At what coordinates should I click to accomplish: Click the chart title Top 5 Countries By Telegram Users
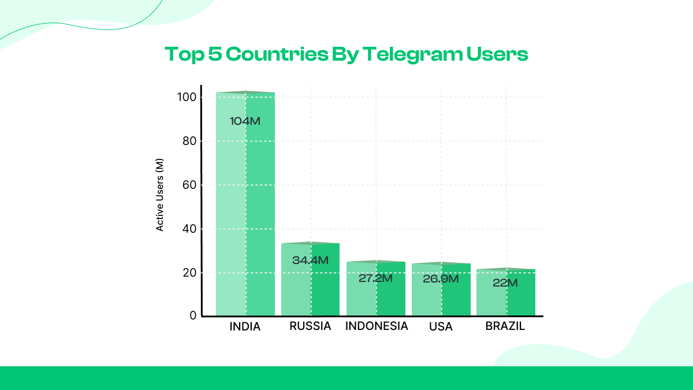tap(346, 54)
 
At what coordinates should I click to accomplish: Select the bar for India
tap(245, 202)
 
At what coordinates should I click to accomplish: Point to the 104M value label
tap(245, 121)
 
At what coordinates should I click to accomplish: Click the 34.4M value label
tap(310, 261)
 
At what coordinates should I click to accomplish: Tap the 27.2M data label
tap(375, 278)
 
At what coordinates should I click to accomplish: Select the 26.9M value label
tap(441, 279)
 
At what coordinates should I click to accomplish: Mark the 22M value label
tap(505, 283)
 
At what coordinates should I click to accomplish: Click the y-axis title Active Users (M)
tap(161, 195)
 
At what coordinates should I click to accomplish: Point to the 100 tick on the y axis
tap(188, 97)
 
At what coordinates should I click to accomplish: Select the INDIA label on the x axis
tap(245, 327)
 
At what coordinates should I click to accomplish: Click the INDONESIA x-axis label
tap(377, 326)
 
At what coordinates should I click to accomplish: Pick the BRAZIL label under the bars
tap(505, 326)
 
